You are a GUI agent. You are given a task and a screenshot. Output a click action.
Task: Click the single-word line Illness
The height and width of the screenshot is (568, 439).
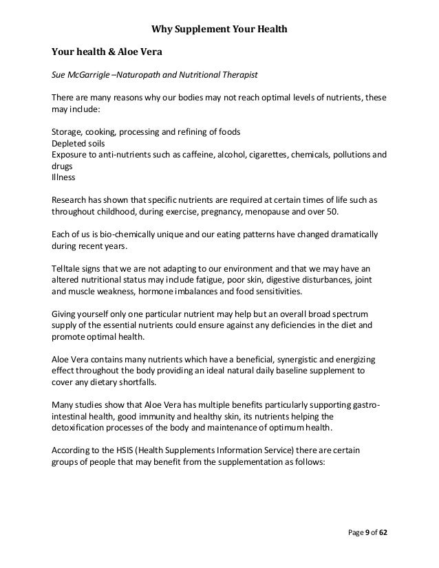[63, 177]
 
